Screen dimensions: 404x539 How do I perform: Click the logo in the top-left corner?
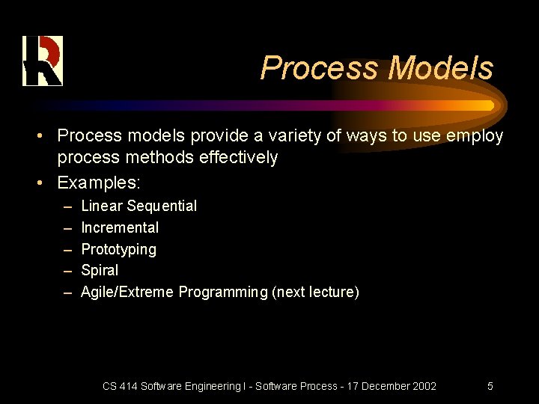(x=43, y=61)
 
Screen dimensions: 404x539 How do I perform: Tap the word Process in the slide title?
(x=320, y=68)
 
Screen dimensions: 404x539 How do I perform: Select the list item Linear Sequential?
(x=138, y=206)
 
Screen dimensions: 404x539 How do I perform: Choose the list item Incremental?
(x=120, y=227)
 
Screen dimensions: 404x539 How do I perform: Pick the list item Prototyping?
(x=118, y=249)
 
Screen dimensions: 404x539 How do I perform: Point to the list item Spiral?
(x=100, y=270)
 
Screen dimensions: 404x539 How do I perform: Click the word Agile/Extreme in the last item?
(x=127, y=292)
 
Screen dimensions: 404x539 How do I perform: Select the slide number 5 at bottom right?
(x=490, y=386)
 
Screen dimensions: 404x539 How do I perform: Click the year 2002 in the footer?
(x=424, y=386)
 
